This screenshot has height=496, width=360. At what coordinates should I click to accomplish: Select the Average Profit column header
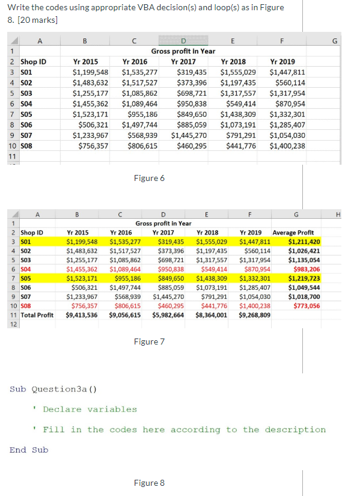point(296,233)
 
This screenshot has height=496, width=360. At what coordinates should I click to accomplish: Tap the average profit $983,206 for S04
point(307,269)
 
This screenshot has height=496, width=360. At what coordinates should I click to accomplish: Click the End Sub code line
point(29,450)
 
